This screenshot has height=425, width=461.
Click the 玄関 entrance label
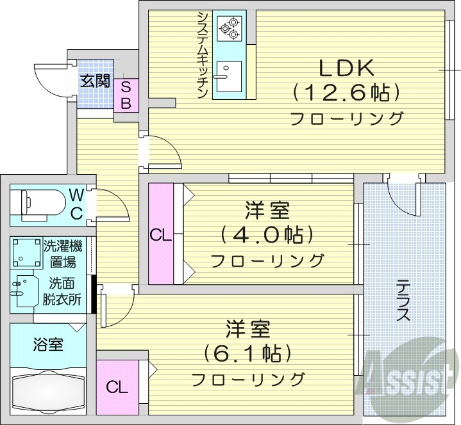click(x=95, y=81)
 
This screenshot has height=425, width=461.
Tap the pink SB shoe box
click(x=126, y=95)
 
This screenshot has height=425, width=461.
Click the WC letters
click(x=76, y=204)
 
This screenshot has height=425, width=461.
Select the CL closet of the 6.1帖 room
click(x=117, y=386)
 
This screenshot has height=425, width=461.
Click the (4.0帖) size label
click(x=267, y=235)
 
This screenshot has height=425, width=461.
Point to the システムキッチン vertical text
click(x=201, y=54)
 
